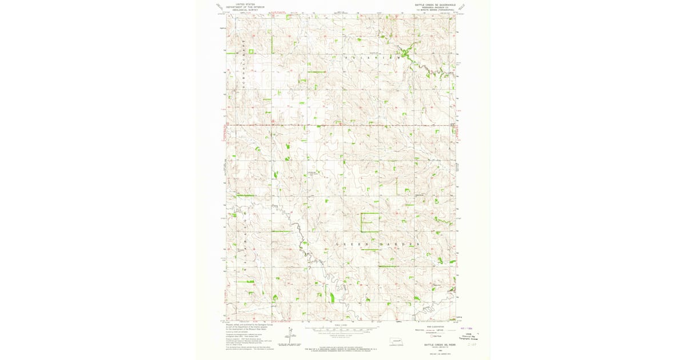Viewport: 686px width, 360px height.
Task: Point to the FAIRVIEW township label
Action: [x=369, y=58]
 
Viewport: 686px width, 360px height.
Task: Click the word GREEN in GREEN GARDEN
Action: [x=348, y=245]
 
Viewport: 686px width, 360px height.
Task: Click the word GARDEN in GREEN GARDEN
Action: [x=403, y=245]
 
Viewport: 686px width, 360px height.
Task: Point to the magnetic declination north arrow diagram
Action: [x=290, y=334]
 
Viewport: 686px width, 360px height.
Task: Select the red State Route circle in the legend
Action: [x=433, y=336]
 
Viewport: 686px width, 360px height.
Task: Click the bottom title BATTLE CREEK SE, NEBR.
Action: [x=437, y=345]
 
